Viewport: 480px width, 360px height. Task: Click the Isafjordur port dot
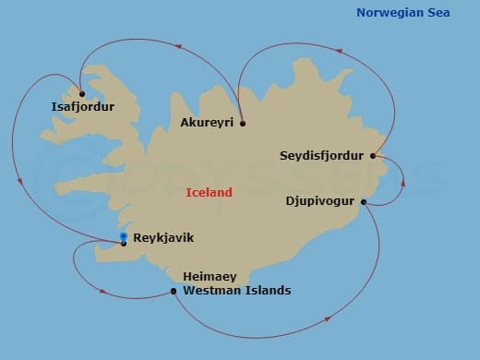click(x=82, y=93)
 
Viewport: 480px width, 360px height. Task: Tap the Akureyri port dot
click(x=242, y=123)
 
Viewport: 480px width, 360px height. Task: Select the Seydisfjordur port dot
click(x=373, y=155)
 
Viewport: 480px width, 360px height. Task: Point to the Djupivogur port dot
click(x=364, y=202)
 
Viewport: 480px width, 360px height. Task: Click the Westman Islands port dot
click(x=174, y=292)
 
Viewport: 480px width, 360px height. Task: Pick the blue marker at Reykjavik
click(x=124, y=237)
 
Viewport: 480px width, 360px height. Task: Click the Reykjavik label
click(x=163, y=237)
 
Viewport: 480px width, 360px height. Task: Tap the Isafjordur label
click(x=83, y=107)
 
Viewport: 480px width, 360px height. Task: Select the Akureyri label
click(x=208, y=123)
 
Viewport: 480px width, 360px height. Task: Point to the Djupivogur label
click(x=320, y=198)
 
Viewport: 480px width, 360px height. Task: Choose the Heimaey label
click(x=210, y=277)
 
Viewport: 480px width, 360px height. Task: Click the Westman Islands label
click(x=237, y=291)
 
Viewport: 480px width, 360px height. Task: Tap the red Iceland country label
click(x=209, y=193)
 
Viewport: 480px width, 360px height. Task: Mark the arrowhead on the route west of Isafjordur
click(x=15, y=140)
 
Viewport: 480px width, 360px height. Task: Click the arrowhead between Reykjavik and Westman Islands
click(x=102, y=294)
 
